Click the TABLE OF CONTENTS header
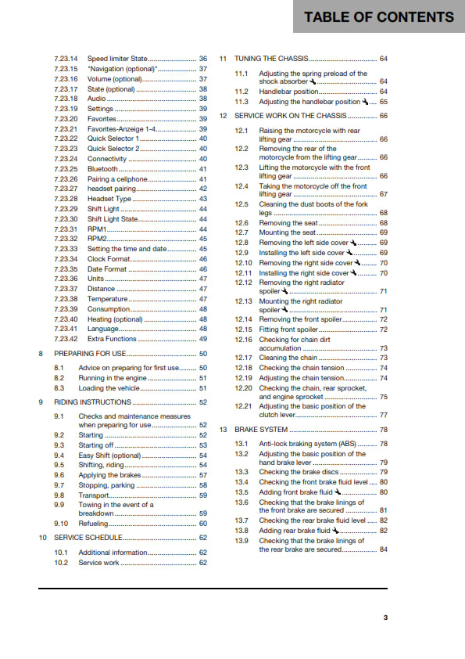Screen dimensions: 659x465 tap(378, 16)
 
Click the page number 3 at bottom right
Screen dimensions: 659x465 tap(385, 618)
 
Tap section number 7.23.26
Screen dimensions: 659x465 tap(66, 179)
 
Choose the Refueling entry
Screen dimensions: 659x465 tap(95, 523)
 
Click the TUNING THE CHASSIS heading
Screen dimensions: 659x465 tap(271, 59)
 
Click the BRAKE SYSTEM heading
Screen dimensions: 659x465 tap(261, 430)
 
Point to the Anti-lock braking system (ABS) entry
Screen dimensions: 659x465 tap(308, 444)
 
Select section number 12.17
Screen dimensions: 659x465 tap(244, 358)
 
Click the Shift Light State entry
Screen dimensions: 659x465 tap(112, 219)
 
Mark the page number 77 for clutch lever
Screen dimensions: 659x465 tap(384, 416)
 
